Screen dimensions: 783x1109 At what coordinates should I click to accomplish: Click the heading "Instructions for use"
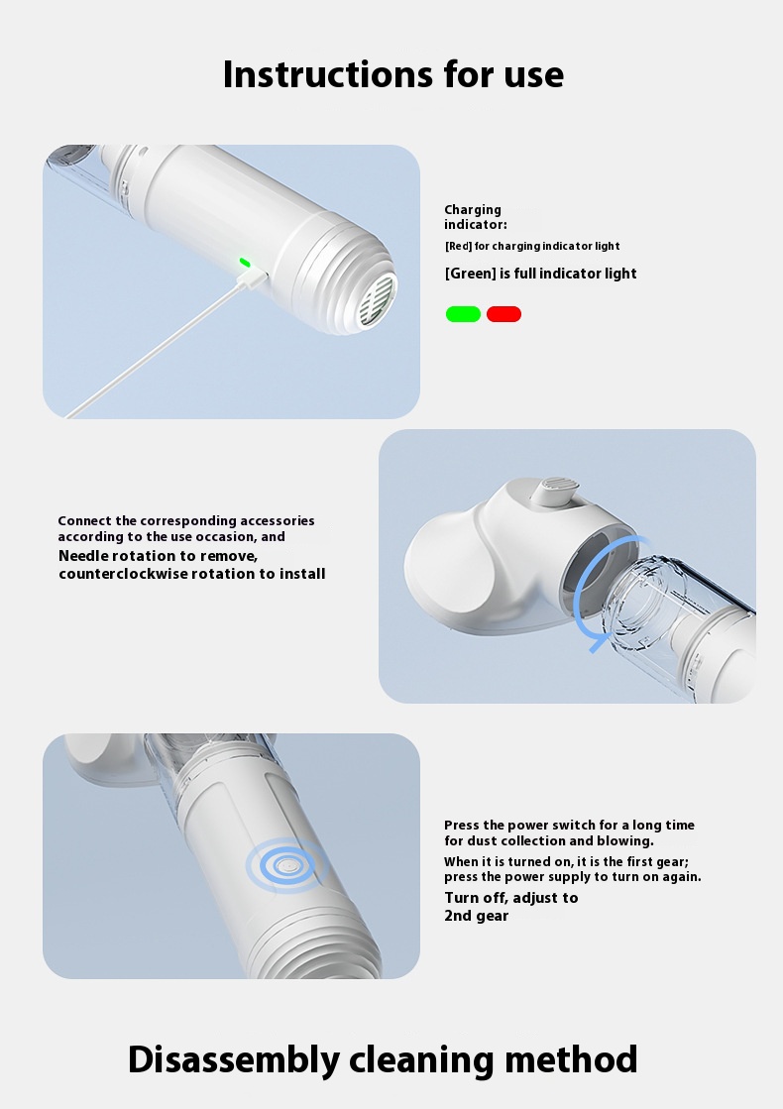pyautogui.click(x=393, y=74)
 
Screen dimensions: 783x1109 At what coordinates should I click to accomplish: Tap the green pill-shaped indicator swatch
pyautogui.click(x=463, y=314)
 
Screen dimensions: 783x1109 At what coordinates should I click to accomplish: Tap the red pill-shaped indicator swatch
pyautogui.click(x=503, y=314)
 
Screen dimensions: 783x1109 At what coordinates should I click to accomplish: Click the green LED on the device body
pyautogui.click(x=245, y=263)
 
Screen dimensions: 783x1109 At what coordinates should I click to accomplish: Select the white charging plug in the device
pyautogui.click(x=253, y=277)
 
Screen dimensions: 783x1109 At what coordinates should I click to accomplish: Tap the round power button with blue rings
pyautogui.click(x=286, y=865)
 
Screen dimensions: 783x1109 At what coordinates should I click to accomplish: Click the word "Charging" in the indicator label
pyautogui.click(x=473, y=210)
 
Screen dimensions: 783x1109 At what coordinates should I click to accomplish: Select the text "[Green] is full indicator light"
pyautogui.click(x=540, y=274)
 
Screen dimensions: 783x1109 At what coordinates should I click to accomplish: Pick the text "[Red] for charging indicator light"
pyautogui.click(x=532, y=246)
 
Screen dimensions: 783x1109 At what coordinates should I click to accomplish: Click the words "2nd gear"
pyautogui.click(x=476, y=916)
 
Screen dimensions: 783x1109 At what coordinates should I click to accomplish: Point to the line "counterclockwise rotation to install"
pyautogui.click(x=191, y=574)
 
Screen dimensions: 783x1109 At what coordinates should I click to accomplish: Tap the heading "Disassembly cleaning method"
pyautogui.click(x=383, y=1059)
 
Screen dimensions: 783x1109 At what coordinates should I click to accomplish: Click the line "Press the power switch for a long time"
pyautogui.click(x=569, y=825)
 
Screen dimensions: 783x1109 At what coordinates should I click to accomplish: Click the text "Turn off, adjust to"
pyautogui.click(x=511, y=898)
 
